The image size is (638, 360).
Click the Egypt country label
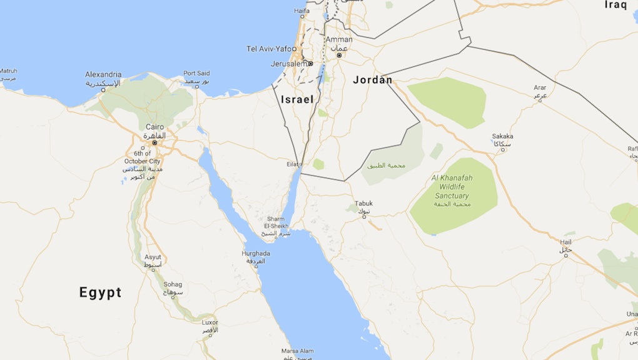[100, 292]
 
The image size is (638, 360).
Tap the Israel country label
[297, 99]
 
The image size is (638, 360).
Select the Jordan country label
[373, 79]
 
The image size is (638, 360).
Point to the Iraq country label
[616, 5]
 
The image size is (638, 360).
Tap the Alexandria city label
[103, 74]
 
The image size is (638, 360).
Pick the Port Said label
[196, 73]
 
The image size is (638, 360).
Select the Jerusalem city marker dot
[310, 63]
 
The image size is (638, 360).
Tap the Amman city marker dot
[339, 55]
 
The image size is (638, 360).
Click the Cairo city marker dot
[154, 142]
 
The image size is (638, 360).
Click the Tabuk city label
[363, 204]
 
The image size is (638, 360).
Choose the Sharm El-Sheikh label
[276, 222]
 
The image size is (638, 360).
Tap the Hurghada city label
[256, 253]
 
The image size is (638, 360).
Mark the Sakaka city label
[502, 136]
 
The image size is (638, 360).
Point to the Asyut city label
[153, 257]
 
